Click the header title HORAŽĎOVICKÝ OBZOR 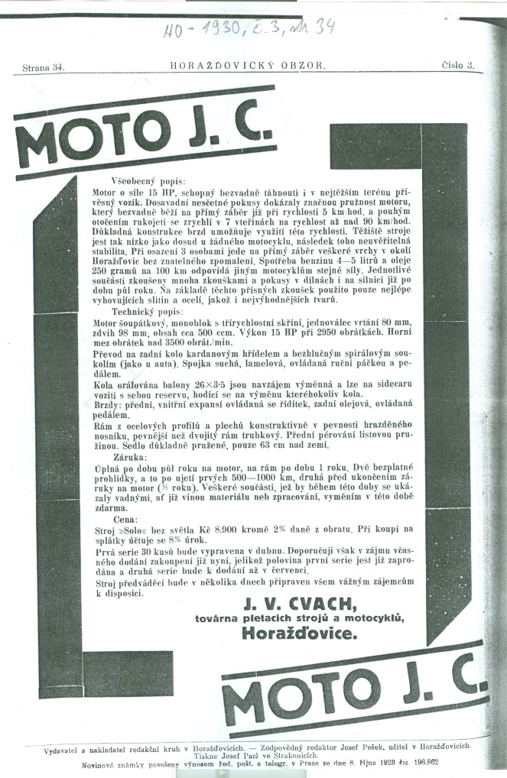249,66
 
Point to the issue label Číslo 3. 458,65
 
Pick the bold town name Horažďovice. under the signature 289,632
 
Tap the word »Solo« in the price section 138,529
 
